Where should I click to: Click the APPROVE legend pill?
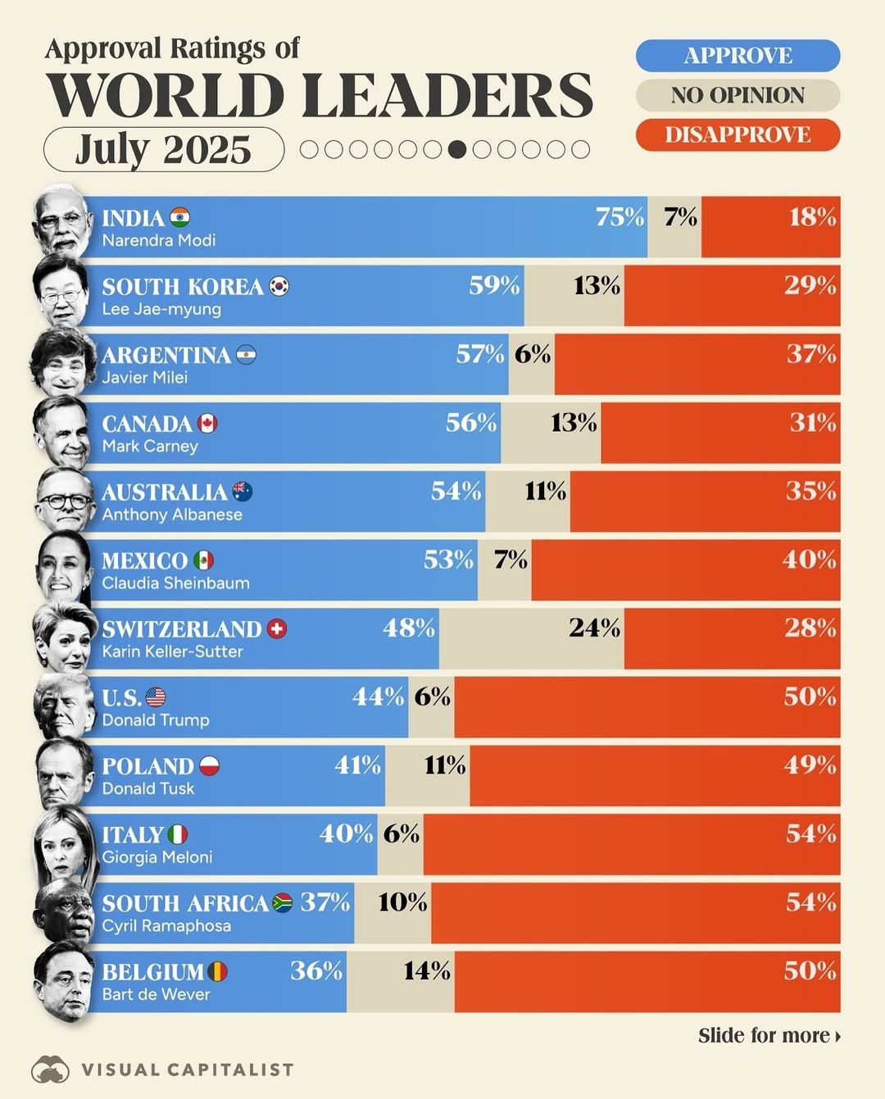pyautogui.click(x=737, y=56)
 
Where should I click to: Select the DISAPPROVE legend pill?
pyautogui.click(x=737, y=134)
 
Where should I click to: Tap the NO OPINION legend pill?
pyautogui.click(x=737, y=95)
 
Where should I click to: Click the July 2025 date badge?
pyautogui.click(x=164, y=149)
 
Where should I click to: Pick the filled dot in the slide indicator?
pyautogui.click(x=457, y=149)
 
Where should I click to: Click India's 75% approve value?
pyautogui.click(x=619, y=217)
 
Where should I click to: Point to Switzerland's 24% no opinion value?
pyautogui.click(x=594, y=629)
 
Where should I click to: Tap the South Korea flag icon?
pyautogui.click(x=279, y=287)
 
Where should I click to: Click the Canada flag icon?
pyautogui.click(x=207, y=424)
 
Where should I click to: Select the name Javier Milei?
pyautogui.click(x=145, y=378)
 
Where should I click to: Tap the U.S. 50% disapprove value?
pyautogui.click(x=810, y=697)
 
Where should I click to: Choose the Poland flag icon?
pyautogui.click(x=209, y=766)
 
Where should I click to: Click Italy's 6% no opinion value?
pyautogui.click(x=401, y=834)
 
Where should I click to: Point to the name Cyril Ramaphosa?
pyautogui.click(x=166, y=926)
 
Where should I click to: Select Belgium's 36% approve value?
pyautogui.click(x=316, y=971)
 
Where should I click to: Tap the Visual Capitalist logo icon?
pyautogui.click(x=51, y=1069)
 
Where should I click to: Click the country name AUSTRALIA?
pyautogui.click(x=164, y=493)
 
